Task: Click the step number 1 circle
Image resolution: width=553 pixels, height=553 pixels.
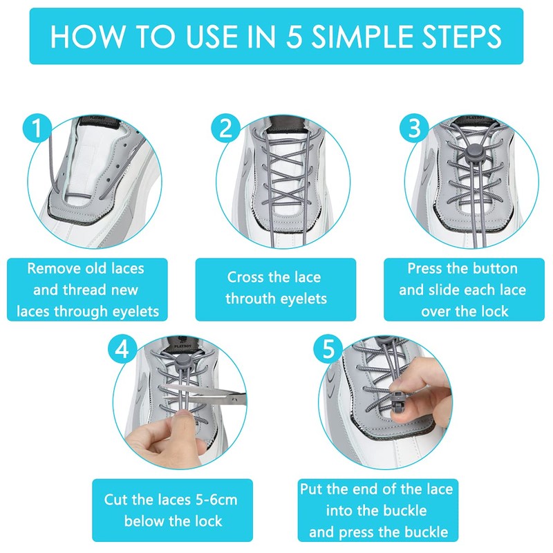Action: [37, 128]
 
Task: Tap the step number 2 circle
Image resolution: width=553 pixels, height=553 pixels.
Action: [226, 129]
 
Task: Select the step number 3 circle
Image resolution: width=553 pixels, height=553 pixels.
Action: [414, 128]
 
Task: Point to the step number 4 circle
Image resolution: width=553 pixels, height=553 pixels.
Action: [122, 350]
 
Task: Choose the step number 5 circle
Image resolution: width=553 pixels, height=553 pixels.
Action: [328, 349]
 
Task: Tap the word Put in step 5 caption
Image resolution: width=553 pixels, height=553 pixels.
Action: [310, 489]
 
